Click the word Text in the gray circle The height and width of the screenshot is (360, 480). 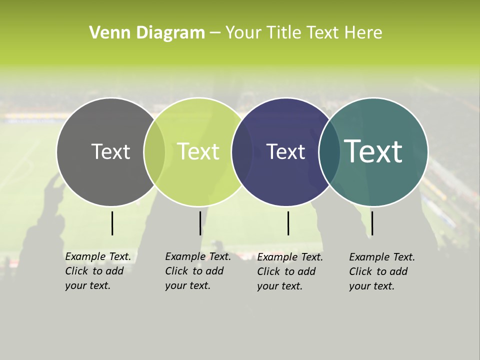pos(110,151)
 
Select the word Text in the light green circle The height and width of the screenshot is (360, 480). pos(198,151)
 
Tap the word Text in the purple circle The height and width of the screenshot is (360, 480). pos(285,151)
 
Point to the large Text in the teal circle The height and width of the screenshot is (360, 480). pos(373,151)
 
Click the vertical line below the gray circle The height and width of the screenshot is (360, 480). pos(112,223)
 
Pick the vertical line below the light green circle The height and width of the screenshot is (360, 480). pos(200,223)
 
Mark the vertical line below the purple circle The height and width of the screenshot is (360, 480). pos(288,223)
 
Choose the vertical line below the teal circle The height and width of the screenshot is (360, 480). pos(372,223)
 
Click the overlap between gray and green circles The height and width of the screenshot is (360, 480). pos(154,151)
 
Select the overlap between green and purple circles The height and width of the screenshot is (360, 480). pos(242,151)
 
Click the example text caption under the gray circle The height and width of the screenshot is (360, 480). pos(97,271)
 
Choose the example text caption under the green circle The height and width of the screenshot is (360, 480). pos(197,271)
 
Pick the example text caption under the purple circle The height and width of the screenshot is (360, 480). pos(289,271)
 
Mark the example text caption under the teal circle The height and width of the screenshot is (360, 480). pos(381,271)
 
